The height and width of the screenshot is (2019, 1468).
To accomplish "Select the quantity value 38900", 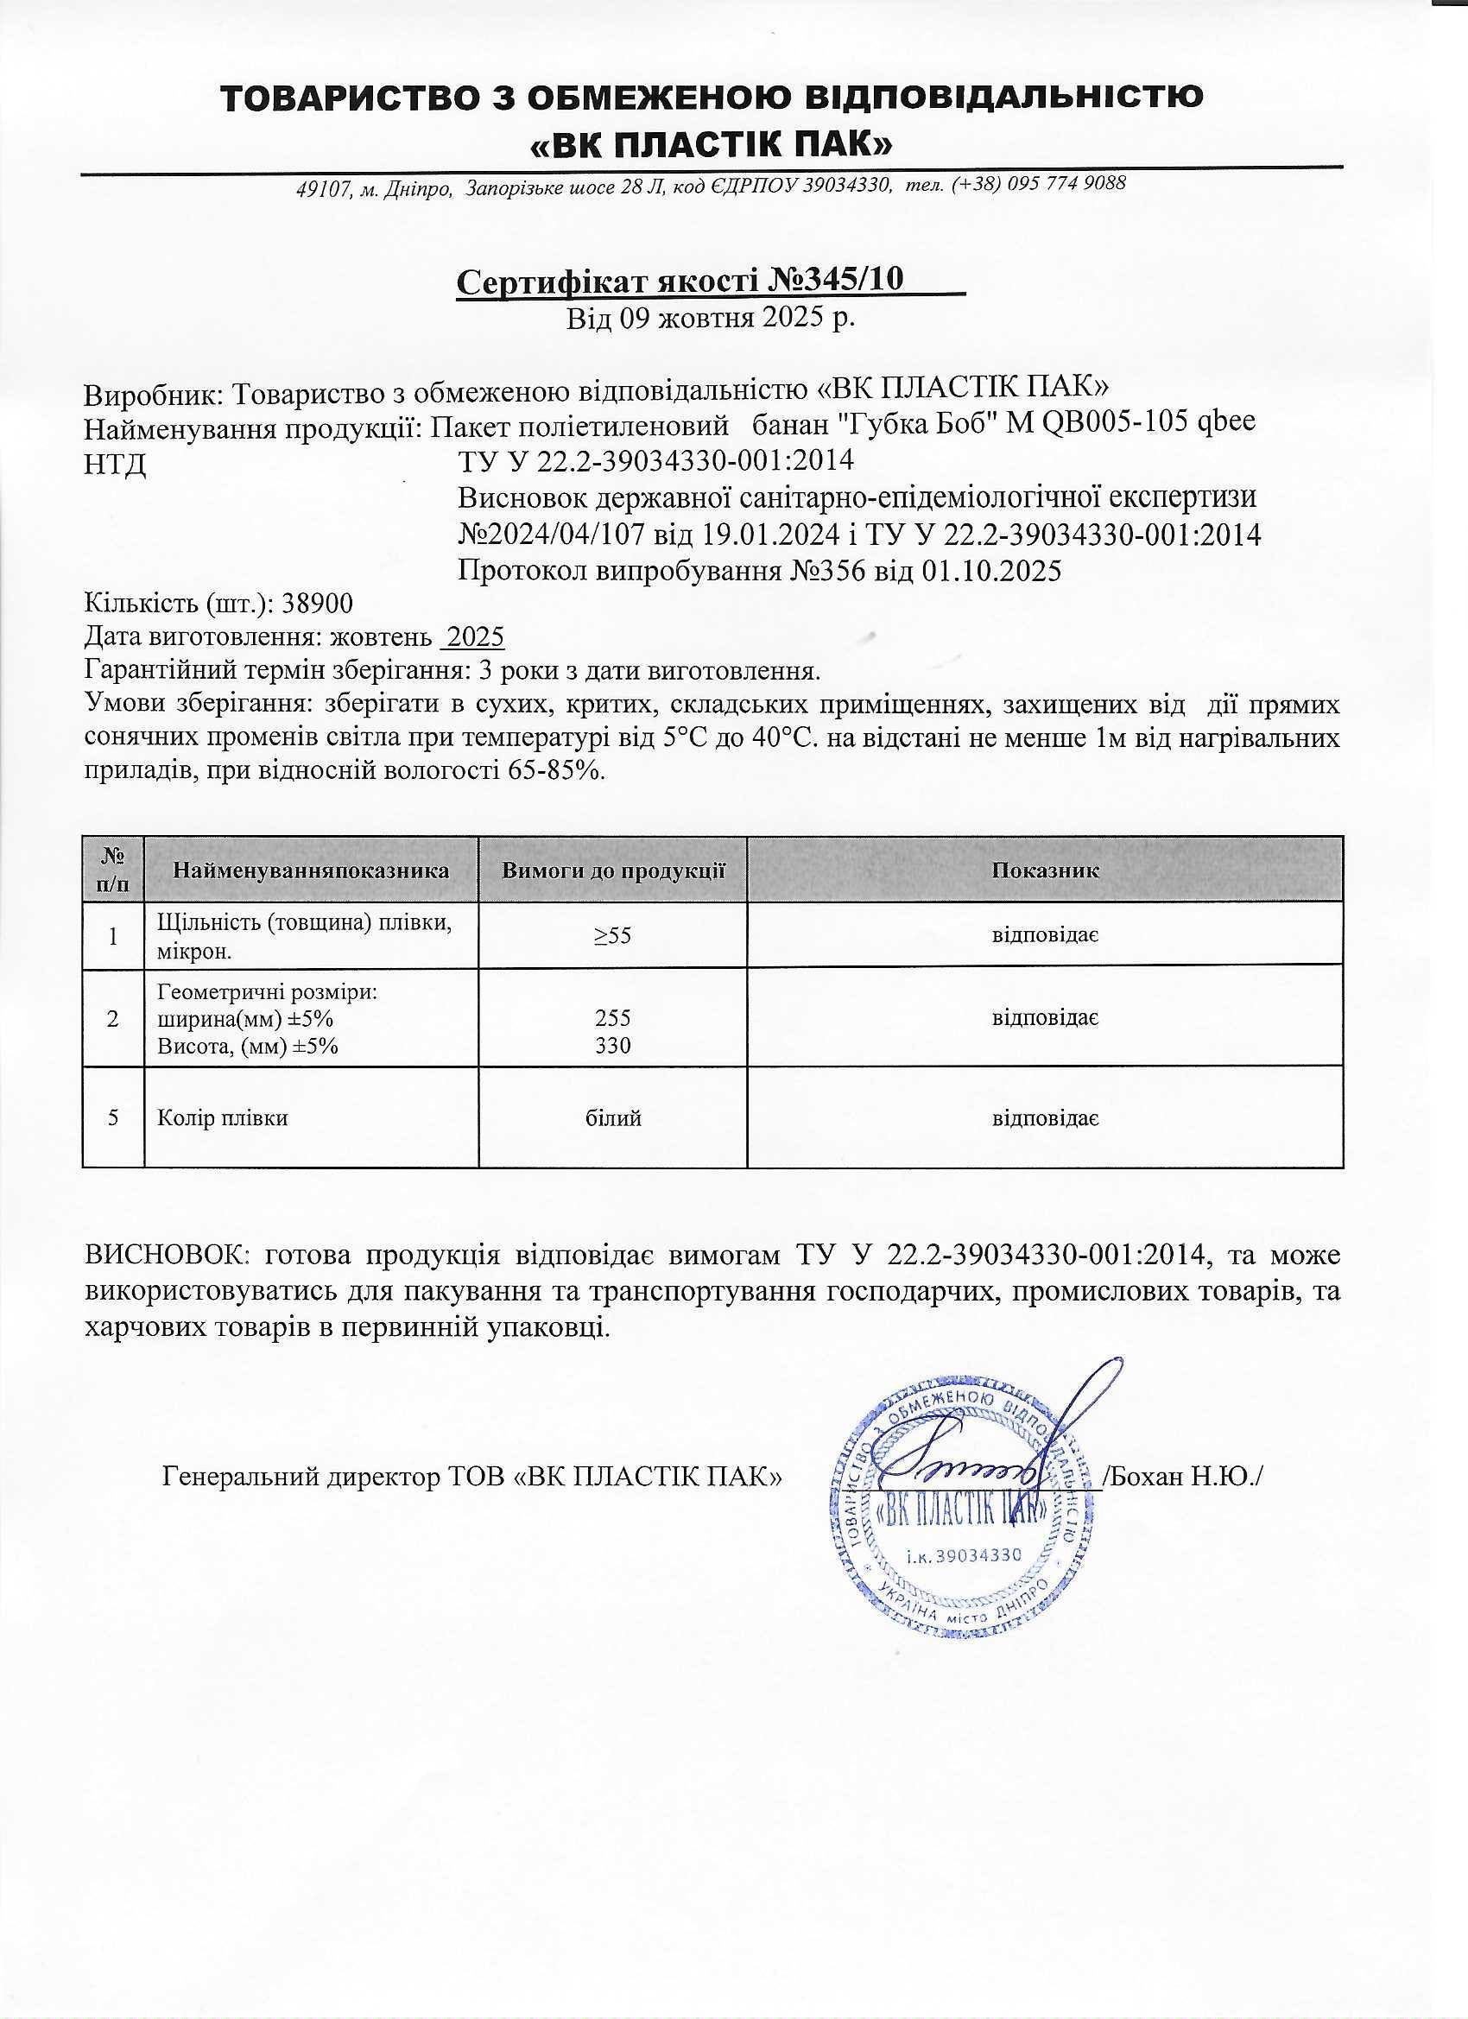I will (x=317, y=604).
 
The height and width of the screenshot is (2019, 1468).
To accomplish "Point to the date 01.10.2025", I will (x=991, y=571).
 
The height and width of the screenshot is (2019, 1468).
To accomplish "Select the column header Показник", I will (x=1045, y=870).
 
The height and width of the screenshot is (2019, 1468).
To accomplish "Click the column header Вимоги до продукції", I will (x=613, y=870).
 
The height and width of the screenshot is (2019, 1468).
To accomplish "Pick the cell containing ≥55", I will (x=613, y=935).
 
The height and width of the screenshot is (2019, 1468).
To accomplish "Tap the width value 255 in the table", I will (x=613, y=1017).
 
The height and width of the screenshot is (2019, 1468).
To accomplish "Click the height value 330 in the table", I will (x=613, y=1045).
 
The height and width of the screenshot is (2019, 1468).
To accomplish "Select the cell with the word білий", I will (x=613, y=1118).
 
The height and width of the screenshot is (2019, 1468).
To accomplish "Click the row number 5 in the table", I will (x=113, y=1118).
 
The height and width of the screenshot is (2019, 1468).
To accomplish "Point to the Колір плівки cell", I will (x=223, y=1118).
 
